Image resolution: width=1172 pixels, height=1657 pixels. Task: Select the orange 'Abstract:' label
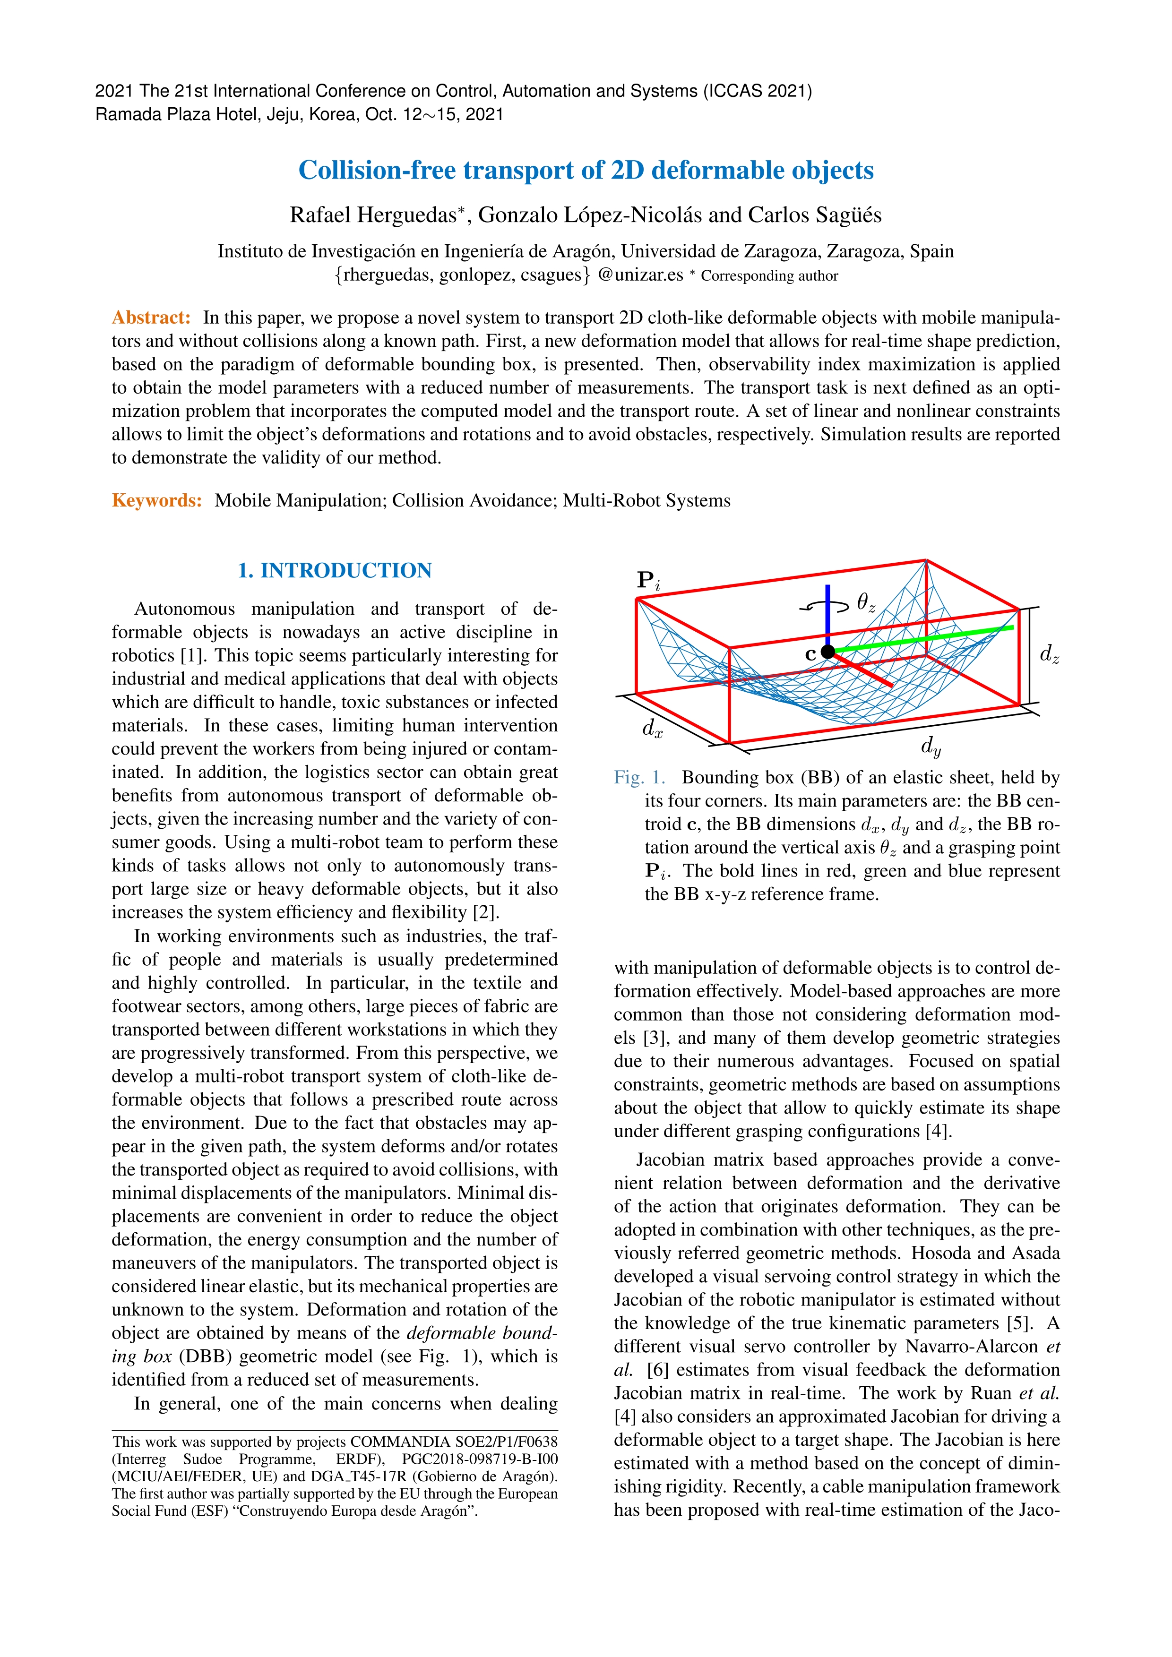pos(151,318)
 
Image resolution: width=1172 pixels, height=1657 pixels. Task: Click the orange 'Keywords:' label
pos(156,501)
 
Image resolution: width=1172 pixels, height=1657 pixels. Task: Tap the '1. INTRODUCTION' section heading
pos(335,571)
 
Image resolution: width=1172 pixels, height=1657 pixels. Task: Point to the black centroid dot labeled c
pos(828,651)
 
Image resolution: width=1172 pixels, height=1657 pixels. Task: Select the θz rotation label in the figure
pos(865,602)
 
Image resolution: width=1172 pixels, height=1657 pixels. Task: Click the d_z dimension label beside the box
pos(1049,654)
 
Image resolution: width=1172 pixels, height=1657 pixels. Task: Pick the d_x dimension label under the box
pos(652,729)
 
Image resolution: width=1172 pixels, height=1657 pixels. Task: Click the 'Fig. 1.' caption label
pos(638,777)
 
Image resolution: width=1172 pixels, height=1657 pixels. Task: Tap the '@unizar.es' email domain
pos(640,275)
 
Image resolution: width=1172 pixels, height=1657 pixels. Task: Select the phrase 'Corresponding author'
pos(769,275)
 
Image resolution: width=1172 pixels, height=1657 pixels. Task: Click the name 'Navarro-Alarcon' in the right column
pos(971,1347)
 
